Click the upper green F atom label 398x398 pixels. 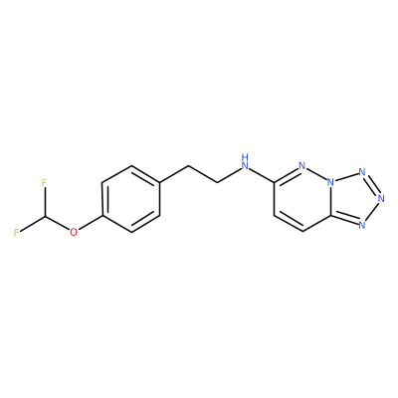(x=45, y=182)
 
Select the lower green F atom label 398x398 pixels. (x=16, y=232)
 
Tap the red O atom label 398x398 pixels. (x=74, y=232)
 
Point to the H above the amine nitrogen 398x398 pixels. (x=245, y=156)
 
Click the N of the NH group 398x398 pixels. (x=245, y=165)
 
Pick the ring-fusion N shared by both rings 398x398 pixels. (x=330, y=182)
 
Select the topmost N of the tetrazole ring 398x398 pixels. (x=362, y=172)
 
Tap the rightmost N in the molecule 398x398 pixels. (x=381, y=199)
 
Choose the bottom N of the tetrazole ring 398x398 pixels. (x=362, y=226)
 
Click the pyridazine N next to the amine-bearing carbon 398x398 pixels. (x=301, y=165)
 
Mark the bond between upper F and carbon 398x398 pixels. (x=45, y=201)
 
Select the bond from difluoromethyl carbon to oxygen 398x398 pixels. (x=57, y=222)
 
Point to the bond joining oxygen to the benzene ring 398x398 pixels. (x=91, y=222)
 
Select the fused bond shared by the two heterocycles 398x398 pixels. (x=331, y=201)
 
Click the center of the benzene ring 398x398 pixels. (x=131, y=199)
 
